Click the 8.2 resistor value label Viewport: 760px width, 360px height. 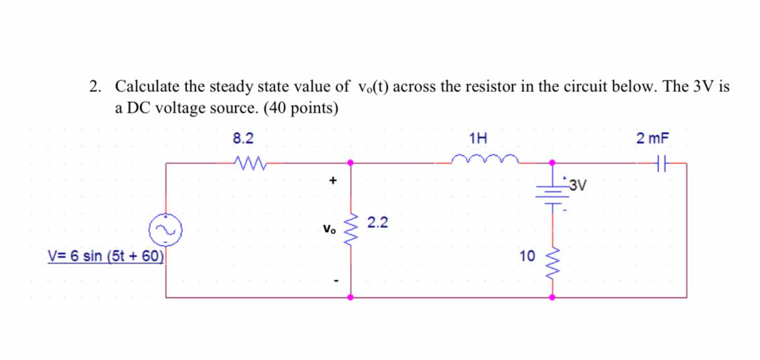tap(243, 139)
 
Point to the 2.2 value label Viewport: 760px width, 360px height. tap(378, 223)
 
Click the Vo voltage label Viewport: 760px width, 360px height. tap(328, 229)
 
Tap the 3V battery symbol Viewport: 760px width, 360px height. tap(552, 191)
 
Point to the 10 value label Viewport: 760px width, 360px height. tap(527, 255)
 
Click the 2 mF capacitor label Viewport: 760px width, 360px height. tap(653, 139)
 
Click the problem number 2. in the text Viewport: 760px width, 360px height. tap(97, 86)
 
